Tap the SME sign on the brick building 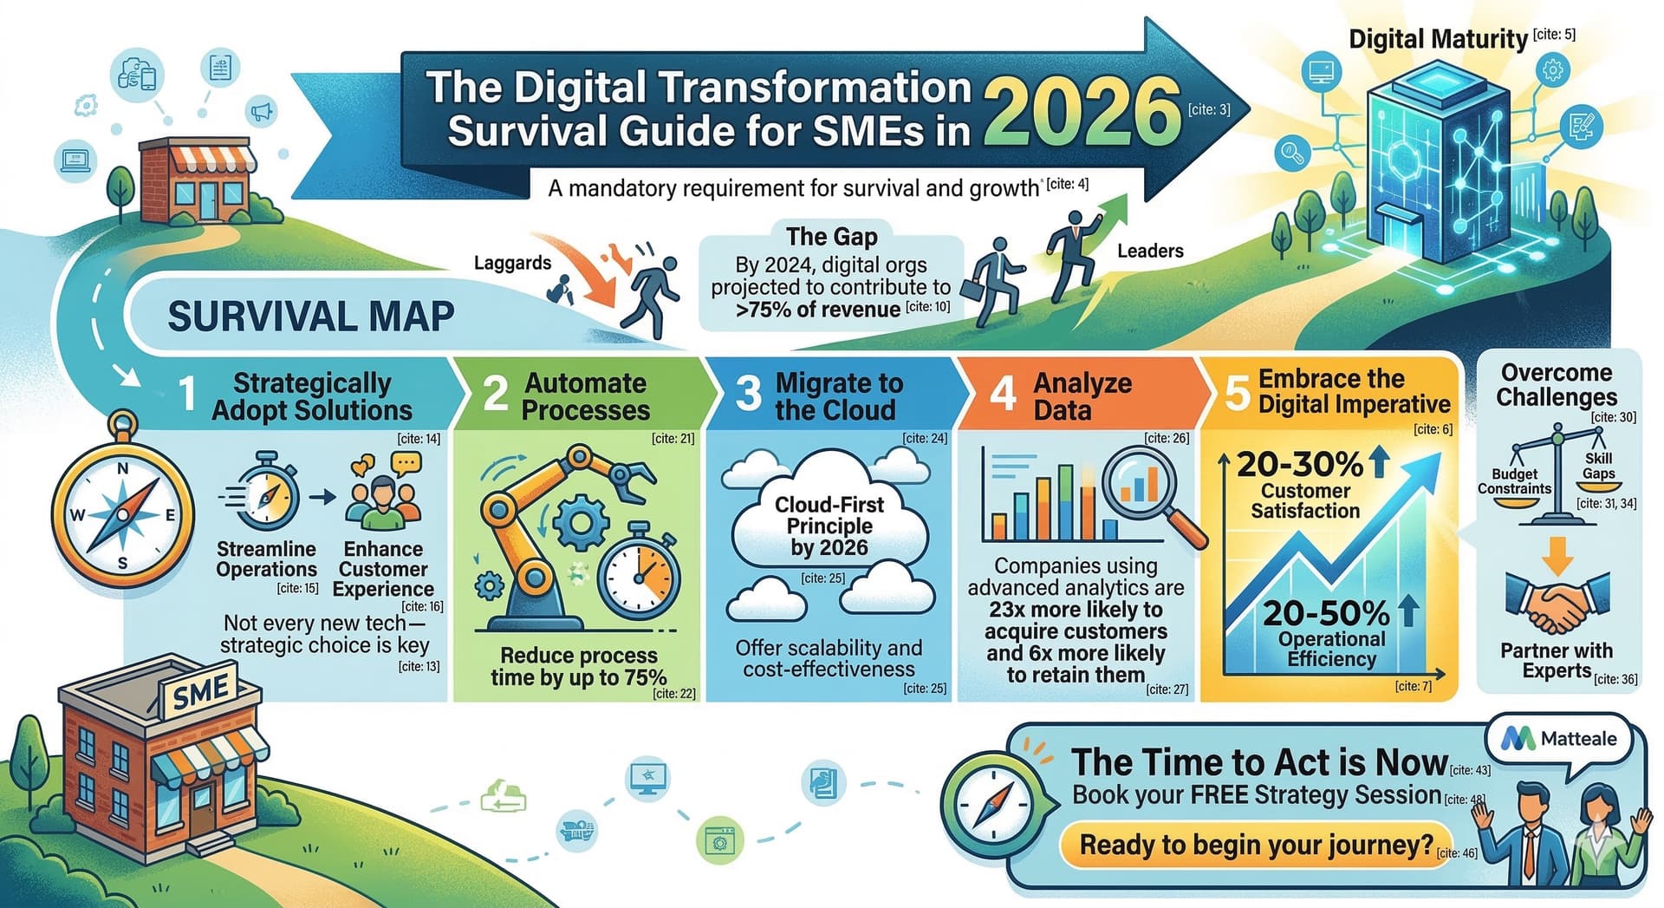pyautogui.click(x=200, y=692)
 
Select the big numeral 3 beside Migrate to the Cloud pyautogui.click(x=747, y=395)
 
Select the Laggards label pyautogui.click(x=512, y=263)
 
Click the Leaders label pyautogui.click(x=1149, y=251)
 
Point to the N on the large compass pyautogui.click(x=123, y=469)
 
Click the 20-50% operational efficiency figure pyautogui.click(x=1326, y=614)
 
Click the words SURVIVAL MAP pyautogui.click(x=310, y=317)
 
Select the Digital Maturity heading pyautogui.click(x=1438, y=39)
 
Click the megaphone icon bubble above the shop pyautogui.click(x=261, y=110)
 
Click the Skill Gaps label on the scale pyautogui.click(x=1598, y=466)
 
